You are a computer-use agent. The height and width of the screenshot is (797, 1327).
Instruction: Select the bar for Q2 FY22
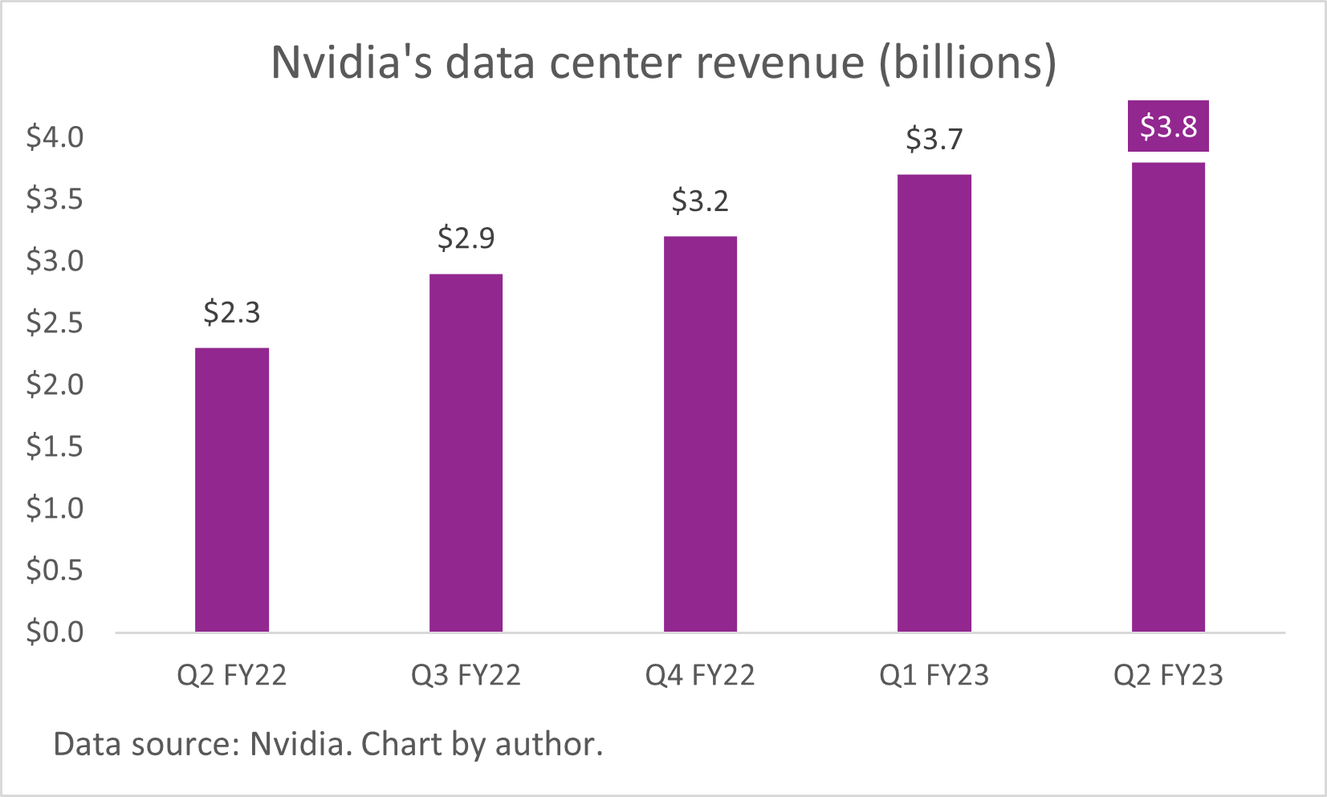pyautogui.click(x=232, y=490)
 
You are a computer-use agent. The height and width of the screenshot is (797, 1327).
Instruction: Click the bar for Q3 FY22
pyautogui.click(x=466, y=453)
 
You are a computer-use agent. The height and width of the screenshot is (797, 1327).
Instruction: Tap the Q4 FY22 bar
pyautogui.click(x=700, y=434)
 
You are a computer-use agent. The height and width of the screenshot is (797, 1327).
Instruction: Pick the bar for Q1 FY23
pyautogui.click(x=934, y=403)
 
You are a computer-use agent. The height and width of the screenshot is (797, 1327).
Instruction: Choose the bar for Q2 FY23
pyautogui.click(x=1168, y=397)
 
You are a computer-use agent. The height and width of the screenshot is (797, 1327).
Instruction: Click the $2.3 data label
pyautogui.click(x=232, y=312)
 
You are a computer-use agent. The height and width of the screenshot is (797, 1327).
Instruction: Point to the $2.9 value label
pyautogui.click(x=466, y=238)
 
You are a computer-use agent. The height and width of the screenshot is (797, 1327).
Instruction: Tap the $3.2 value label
pyautogui.click(x=700, y=201)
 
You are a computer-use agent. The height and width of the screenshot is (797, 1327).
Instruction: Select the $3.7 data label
pyautogui.click(x=934, y=140)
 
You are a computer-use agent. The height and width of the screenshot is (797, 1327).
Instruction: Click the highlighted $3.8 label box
pyautogui.click(x=1168, y=127)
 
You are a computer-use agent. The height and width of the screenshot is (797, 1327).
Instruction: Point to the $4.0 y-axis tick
pyautogui.click(x=55, y=137)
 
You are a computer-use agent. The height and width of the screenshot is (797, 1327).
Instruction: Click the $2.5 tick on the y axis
pyautogui.click(x=55, y=323)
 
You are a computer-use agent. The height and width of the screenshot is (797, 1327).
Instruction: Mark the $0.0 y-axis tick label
pyautogui.click(x=55, y=632)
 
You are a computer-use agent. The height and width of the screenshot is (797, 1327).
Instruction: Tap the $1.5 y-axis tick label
pyautogui.click(x=55, y=446)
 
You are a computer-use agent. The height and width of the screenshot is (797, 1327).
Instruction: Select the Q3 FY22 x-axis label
pyautogui.click(x=466, y=676)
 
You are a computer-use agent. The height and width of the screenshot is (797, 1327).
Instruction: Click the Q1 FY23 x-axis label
pyautogui.click(x=934, y=676)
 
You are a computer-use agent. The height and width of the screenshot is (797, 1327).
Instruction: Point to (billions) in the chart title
pyautogui.click(x=967, y=63)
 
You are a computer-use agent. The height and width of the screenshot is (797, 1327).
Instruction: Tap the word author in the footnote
pyautogui.click(x=547, y=745)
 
